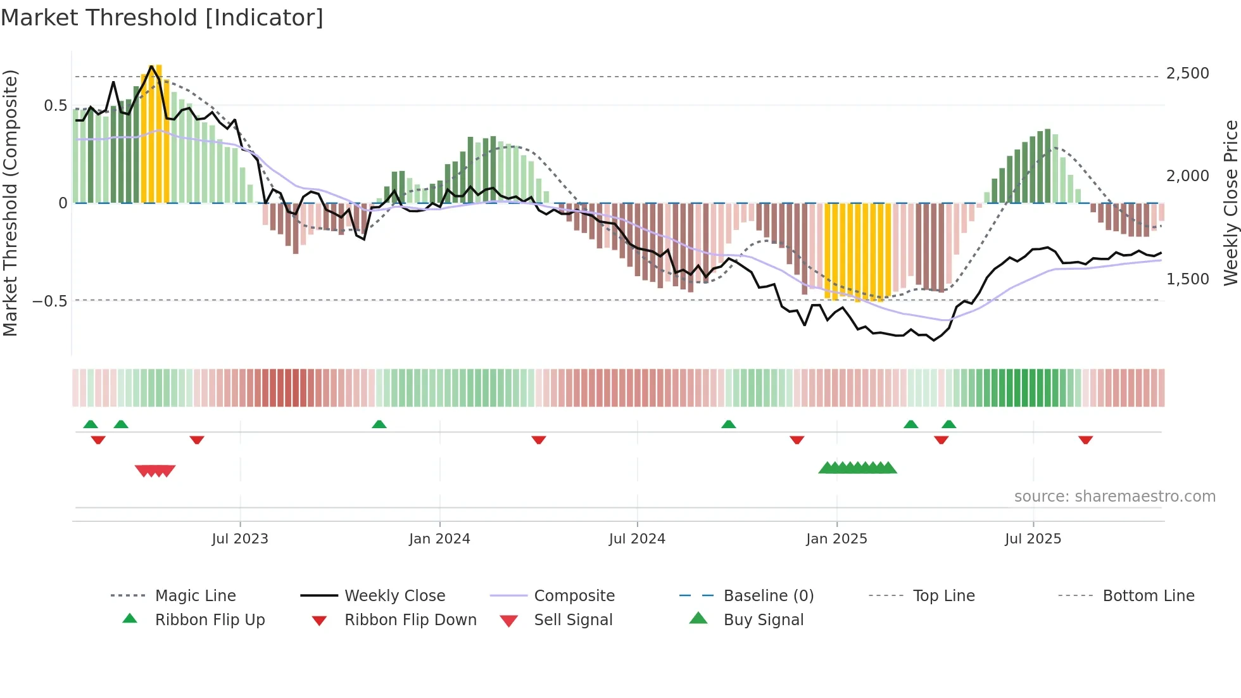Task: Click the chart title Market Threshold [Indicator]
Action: coord(162,18)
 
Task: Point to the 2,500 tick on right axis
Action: coord(1187,73)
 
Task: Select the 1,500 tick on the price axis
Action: coord(1187,279)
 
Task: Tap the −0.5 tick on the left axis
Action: coord(50,301)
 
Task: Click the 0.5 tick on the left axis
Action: coord(55,106)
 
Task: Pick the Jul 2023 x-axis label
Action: coord(240,539)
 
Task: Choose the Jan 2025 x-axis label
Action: coord(836,539)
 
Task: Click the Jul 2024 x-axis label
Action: coord(637,539)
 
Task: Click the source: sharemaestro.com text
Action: coord(1114,497)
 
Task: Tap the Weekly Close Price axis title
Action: coord(1230,203)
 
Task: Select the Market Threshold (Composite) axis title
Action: coord(10,203)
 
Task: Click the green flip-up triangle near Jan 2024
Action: coord(379,424)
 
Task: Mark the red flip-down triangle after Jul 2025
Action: coord(1085,440)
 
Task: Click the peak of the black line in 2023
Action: coord(151,66)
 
